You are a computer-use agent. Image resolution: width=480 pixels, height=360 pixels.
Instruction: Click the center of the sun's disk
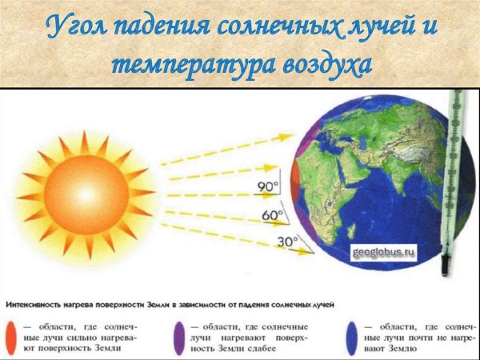pos(85,194)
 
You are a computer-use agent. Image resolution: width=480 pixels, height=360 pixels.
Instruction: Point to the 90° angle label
pos(267,187)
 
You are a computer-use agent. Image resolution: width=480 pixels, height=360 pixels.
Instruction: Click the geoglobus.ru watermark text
pos(386,252)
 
